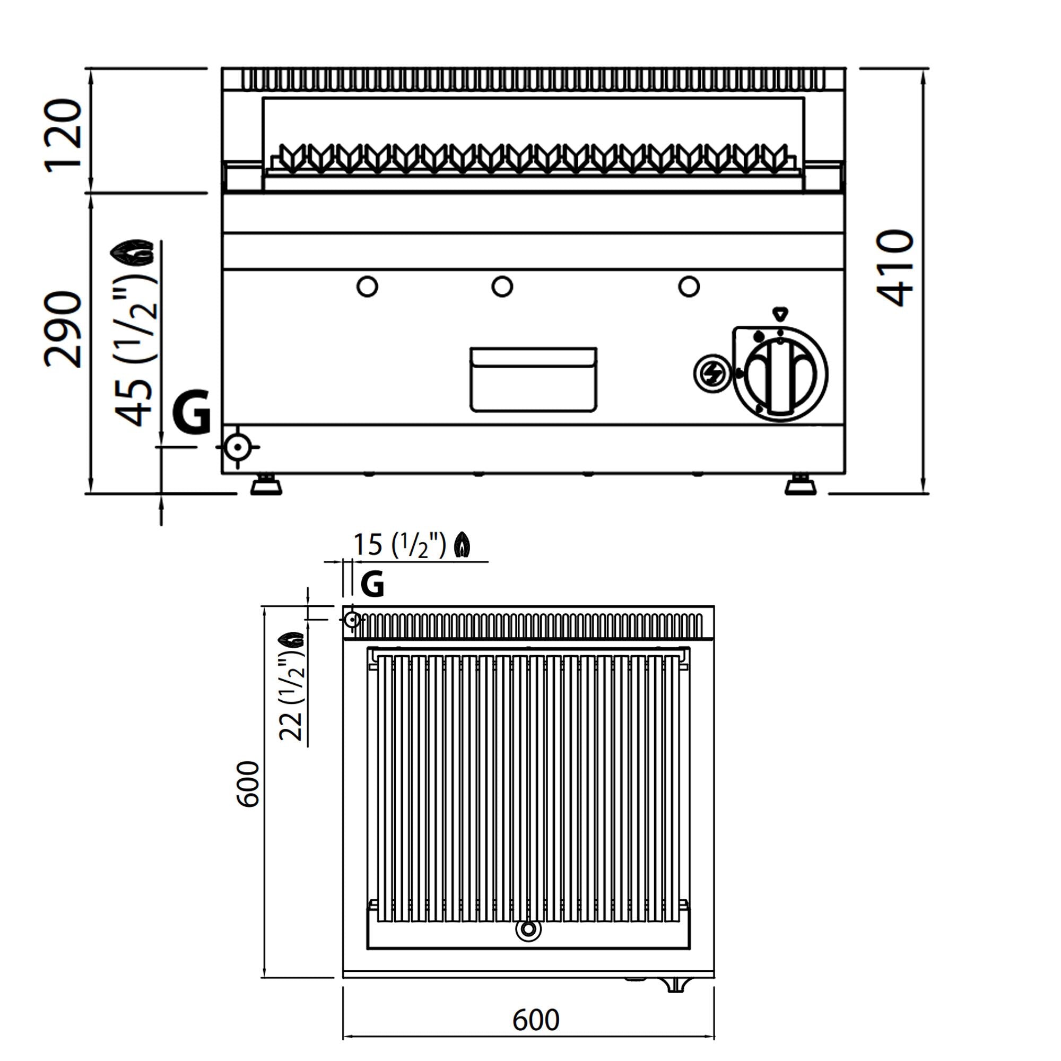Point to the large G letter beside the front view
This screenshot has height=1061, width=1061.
tap(192, 412)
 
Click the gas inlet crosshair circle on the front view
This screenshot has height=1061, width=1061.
tap(238, 447)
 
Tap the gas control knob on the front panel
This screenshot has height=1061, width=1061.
tap(780, 375)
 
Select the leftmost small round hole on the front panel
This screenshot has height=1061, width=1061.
tap(367, 286)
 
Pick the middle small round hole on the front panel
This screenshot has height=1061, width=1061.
tap(502, 286)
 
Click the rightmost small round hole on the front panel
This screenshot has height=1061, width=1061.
tap(689, 286)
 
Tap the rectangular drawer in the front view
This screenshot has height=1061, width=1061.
tap(533, 379)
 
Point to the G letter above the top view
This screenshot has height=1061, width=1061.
tap(372, 584)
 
